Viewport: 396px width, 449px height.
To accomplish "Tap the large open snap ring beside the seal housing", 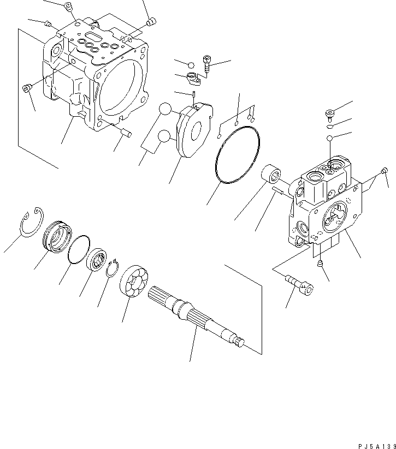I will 31,221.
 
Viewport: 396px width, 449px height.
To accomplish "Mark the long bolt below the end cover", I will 299,284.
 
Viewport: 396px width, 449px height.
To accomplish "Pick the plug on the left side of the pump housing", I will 26,88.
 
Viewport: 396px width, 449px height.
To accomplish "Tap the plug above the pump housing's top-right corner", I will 151,22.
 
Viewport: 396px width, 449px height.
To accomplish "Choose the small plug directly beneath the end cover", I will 321,265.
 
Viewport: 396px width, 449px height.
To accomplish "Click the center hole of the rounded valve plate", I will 193,131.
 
